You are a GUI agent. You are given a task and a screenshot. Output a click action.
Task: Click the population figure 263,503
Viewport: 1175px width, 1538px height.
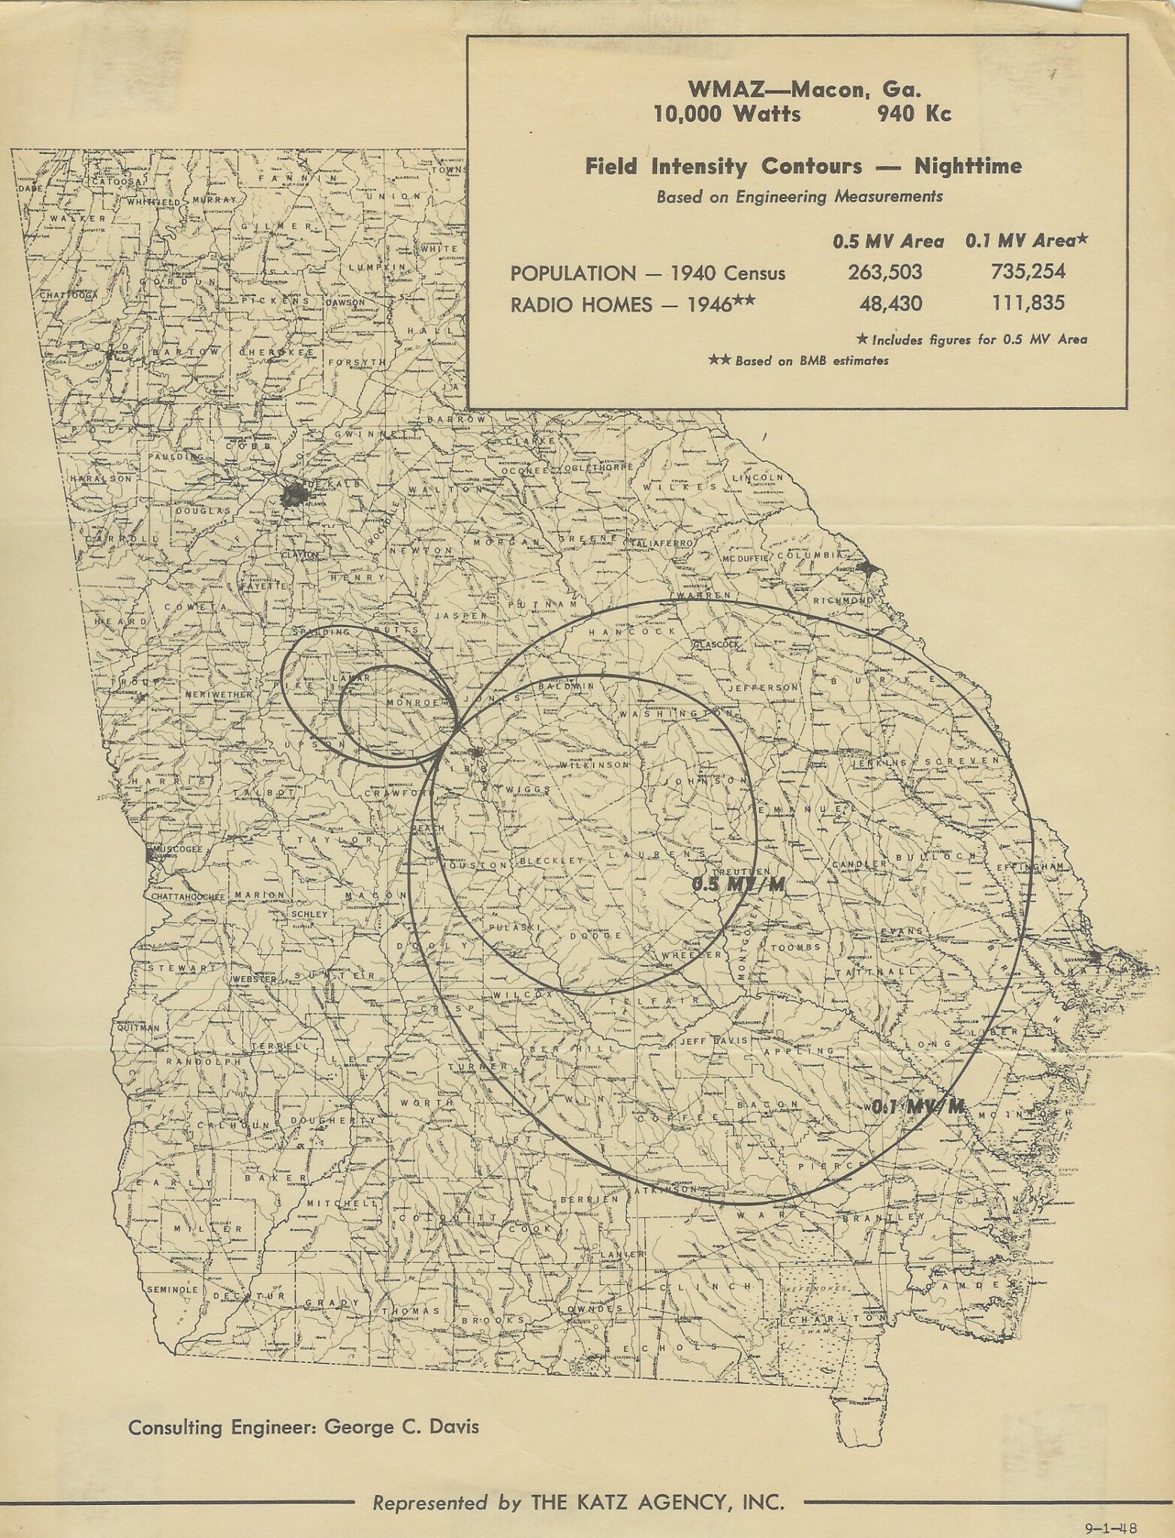pyautogui.click(x=884, y=273)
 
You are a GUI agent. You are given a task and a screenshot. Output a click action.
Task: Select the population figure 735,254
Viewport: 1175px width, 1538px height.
pyautogui.click(x=1027, y=273)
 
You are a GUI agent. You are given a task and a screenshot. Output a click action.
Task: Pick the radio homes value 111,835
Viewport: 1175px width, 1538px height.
pyautogui.click(x=1027, y=303)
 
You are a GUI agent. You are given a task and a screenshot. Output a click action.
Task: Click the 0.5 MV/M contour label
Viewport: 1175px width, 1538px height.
pyautogui.click(x=737, y=885)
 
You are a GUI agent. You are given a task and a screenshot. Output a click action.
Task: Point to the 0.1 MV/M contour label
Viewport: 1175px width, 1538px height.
pyautogui.click(x=917, y=1107)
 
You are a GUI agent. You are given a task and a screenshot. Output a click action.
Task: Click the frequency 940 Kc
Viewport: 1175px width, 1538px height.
pyautogui.click(x=914, y=114)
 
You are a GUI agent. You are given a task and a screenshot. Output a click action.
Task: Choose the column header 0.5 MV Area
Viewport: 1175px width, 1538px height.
pyautogui.click(x=887, y=241)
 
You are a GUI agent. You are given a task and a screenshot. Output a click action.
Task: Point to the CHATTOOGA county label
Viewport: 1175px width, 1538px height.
pyautogui.click(x=69, y=295)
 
